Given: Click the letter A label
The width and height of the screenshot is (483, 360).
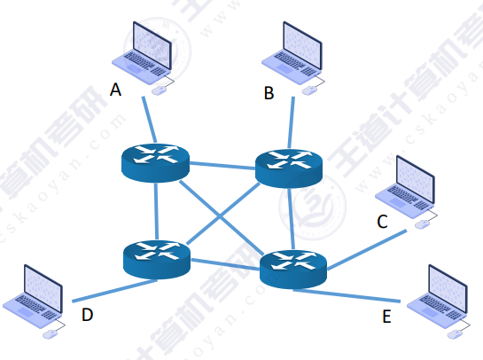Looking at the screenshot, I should pos(114,90).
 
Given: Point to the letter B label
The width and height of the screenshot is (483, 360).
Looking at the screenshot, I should pos(269,91).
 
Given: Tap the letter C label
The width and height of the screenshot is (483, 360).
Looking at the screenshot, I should pos(382,222).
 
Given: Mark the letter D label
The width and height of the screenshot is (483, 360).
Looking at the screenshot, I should pos(87,315).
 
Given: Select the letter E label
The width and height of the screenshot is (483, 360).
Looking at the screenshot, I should pos(386,317).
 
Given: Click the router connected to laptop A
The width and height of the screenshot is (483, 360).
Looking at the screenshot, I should pos(156,161).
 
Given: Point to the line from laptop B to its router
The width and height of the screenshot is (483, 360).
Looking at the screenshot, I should pos(291,121).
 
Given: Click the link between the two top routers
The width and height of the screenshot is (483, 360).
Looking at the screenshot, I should pos(222,164).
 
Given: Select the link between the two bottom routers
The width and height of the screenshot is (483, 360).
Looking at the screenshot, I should pos(225,262).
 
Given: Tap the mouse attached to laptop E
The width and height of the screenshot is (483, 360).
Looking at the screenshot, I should pos(457,333).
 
